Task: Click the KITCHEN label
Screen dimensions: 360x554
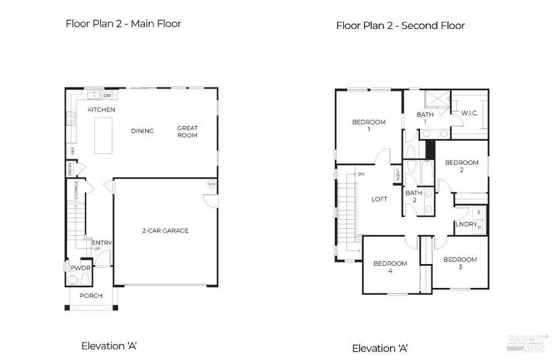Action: pyautogui.click(x=102, y=110)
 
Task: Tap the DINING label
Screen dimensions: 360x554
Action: pyautogui.click(x=142, y=130)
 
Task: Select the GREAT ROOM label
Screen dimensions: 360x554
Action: pyautogui.click(x=187, y=131)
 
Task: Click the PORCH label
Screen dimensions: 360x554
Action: pyautogui.click(x=90, y=295)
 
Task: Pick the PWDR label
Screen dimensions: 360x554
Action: pyautogui.click(x=79, y=268)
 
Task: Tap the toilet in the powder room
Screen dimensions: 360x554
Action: pyautogui.click(x=73, y=280)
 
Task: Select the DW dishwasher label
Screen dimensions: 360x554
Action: pyautogui.click(x=107, y=95)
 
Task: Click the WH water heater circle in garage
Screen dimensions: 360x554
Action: pyautogui.click(x=211, y=184)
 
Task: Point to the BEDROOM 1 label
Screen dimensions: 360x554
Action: pyautogui.click(x=369, y=126)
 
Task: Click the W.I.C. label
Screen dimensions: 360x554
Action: pyautogui.click(x=470, y=113)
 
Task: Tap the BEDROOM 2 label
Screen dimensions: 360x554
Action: pyautogui.click(x=461, y=166)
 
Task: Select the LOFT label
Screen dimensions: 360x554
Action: pyautogui.click(x=379, y=199)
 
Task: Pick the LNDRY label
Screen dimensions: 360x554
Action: pyautogui.click(x=465, y=225)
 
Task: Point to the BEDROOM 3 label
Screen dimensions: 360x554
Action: pyautogui.click(x=460, y=263)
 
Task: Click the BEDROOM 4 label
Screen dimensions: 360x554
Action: pyautogui.click(x=390, y=267)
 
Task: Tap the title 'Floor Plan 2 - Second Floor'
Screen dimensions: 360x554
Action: pyautogui.click(x=400, y=26)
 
